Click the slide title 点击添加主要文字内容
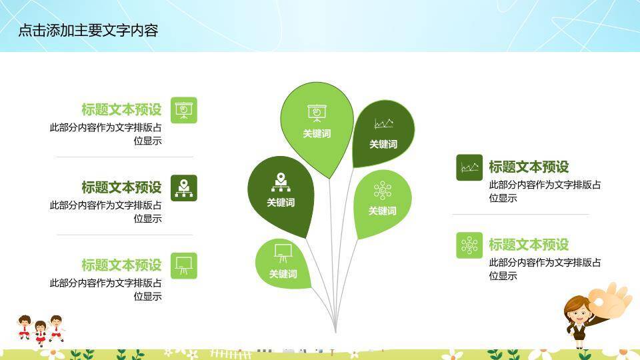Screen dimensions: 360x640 (x=88, y=31)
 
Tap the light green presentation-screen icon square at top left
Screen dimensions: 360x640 (x=184, y=110)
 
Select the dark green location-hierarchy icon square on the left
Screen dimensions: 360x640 (x=184, y=188)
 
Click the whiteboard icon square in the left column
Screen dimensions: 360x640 (x=184, y=265)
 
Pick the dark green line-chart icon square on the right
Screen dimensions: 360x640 (x=469, y=167)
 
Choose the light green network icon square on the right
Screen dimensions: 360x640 (x=469, y=245)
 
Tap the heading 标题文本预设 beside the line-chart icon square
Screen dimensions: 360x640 (x=529, y=167)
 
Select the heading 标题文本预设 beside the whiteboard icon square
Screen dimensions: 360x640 (x=121, y=265)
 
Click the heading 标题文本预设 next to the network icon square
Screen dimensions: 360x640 (x=529, y=245)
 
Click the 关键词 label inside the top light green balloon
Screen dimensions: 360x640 (x=317, y=133)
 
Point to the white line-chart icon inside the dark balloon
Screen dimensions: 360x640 (x=383, y=123)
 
